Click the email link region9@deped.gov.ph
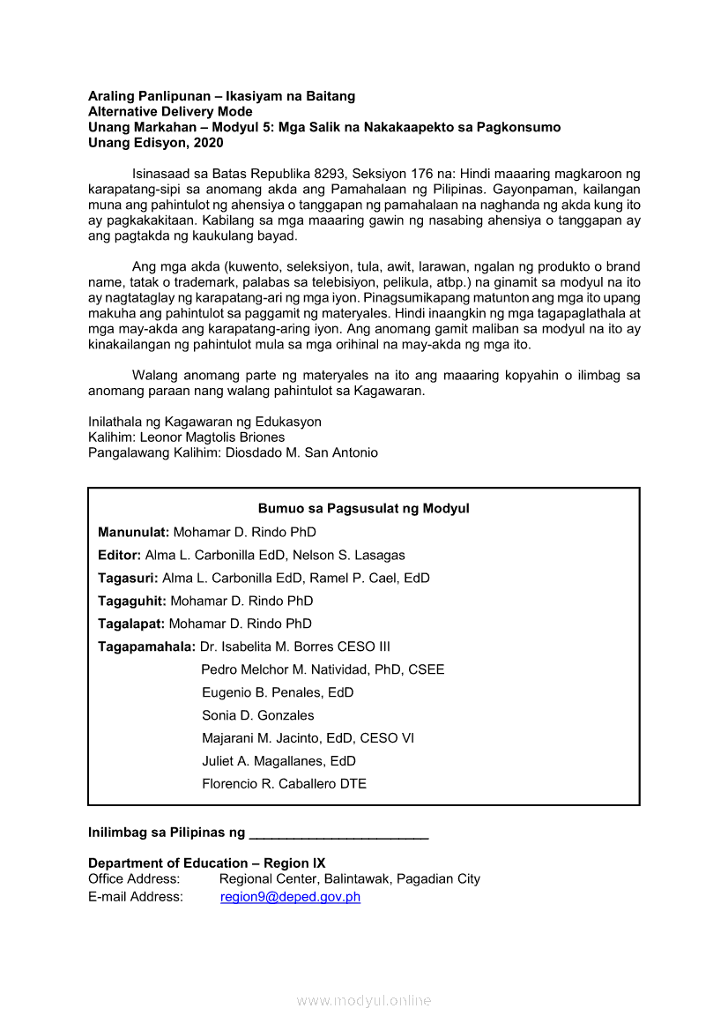click(x=290, y=897)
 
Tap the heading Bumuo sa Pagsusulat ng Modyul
click(x=363, y=509)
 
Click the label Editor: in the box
click(x=119, y=556)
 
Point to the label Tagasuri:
click(x=128, y=579)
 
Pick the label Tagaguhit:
click(x=132, y=601)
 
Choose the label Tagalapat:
click(x=131, y=624)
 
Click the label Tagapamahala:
click(x=146, y=646)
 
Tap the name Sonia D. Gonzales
click(x=257, y=715)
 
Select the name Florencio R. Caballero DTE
click(x=284, y=784)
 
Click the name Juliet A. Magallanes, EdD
click(x=279, y=761)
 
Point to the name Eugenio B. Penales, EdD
click(x=278, y=692)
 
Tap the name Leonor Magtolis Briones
click(x=212, y=437)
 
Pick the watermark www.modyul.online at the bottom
click(x=364, y=1000)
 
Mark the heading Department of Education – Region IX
click(x=206, y=863)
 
